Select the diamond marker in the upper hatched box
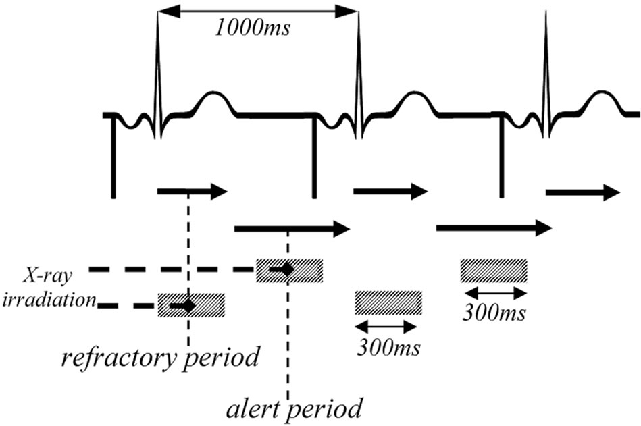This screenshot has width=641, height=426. click(x=287, y=270)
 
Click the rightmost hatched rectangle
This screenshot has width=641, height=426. click(x=494, y=270)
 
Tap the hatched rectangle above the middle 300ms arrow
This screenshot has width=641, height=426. click(x=389, y=302)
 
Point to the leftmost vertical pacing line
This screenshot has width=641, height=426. click(x=113, y=159)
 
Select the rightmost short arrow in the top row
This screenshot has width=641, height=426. click(x=582, y=193)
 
